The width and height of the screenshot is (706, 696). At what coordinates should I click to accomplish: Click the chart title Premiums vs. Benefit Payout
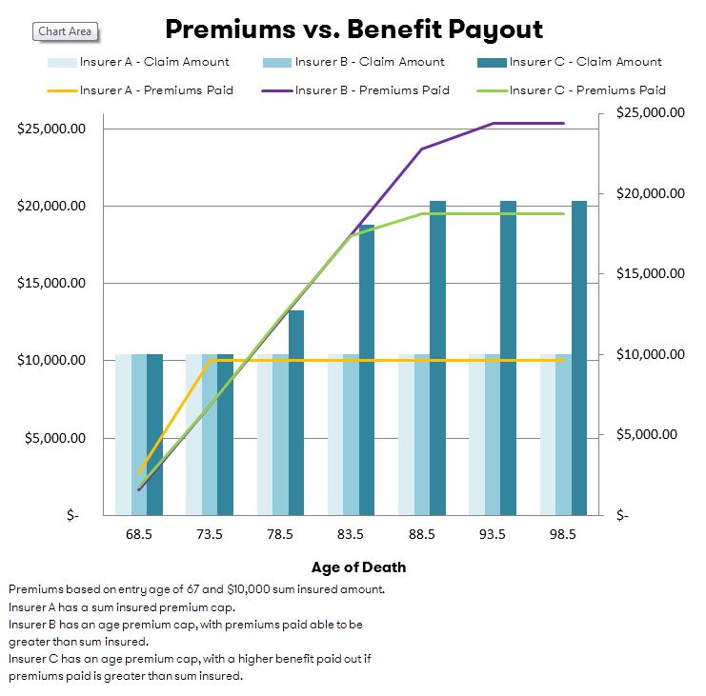353,29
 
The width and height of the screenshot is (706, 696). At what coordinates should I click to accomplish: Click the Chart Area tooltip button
65,31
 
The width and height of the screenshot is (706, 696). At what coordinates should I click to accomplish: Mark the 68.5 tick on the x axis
138,534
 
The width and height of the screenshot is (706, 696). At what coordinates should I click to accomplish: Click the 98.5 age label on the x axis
563,534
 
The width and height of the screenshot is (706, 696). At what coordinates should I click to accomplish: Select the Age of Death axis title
358,567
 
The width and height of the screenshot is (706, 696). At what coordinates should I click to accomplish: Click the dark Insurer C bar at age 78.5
296,413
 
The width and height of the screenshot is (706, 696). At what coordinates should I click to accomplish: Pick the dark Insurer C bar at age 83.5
367,371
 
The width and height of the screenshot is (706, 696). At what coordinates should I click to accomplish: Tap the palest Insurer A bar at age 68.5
123,434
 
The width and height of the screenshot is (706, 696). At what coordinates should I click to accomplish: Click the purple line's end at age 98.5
563,123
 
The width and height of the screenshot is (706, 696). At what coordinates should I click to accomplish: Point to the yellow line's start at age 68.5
140,471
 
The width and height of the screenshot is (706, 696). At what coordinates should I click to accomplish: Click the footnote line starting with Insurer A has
121,607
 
